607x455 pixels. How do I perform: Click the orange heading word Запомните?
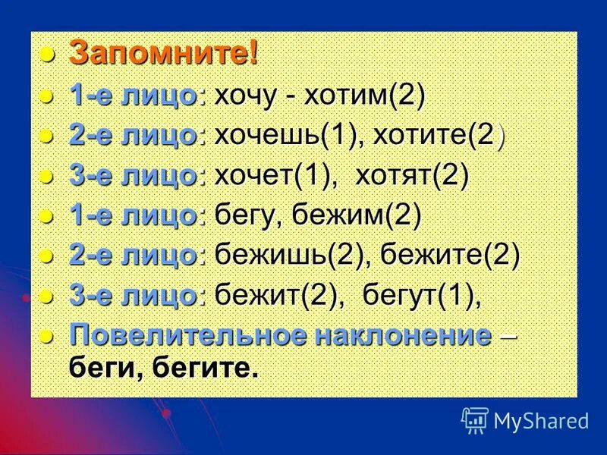[x=164, y=54]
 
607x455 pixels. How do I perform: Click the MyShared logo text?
[x=541, y=421]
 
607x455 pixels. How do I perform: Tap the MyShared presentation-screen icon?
[x=474, y=420]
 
